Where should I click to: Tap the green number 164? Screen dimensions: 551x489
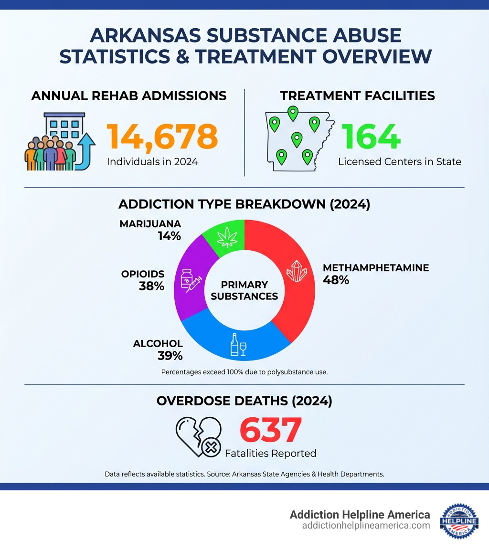[x=371, y=136]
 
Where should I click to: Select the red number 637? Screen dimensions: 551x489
[x=270, y=430]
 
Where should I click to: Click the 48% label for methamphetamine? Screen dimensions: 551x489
[x=336, y=280]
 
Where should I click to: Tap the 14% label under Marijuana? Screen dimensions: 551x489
[x=169, y=235]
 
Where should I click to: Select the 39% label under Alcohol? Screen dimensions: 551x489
[x=170, y=355]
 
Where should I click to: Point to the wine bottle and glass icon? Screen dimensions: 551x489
[x=238, y=345]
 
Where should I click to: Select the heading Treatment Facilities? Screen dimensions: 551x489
[x=357, y=95]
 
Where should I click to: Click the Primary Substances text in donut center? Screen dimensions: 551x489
[x=244, y=290]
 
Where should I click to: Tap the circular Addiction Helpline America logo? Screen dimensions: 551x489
[x=459, y=520]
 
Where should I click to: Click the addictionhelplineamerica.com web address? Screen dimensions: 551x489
[x=366, y=525]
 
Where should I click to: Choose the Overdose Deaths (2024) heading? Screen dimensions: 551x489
[x=244, y=401]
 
